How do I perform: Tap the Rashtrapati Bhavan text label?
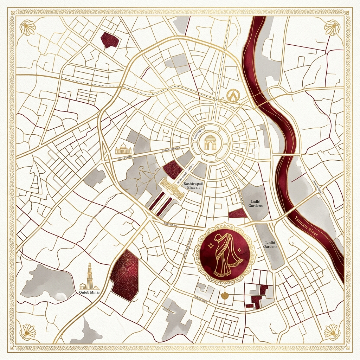click(x=191, y=185)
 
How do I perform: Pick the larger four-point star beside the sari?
click(x=210, y=245)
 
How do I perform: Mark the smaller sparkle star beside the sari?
click(x=239, y=249)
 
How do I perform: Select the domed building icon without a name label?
click(x=123, y=149)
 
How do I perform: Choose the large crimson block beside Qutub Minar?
click(x=124, y=275)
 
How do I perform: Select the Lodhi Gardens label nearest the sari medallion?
click(x=270, y=244)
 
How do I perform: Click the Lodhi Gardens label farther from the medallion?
click(x=256, y=204)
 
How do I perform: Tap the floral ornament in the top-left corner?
click(x=27, y=28)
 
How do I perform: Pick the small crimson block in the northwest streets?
click(x=109, y=40)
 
